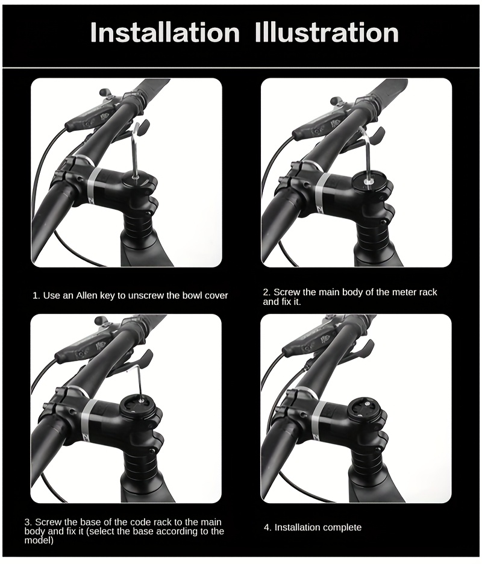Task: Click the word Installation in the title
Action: [164, 33]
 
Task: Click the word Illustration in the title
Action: [327, 33]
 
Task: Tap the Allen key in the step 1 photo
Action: [136, 149]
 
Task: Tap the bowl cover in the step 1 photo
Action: [139, 178]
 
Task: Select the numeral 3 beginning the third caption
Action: [27, 522]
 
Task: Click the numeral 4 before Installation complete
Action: [266, 528]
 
